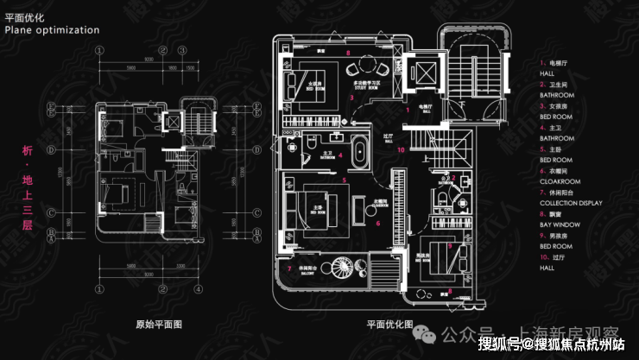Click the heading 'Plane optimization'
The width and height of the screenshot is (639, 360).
point(52,30)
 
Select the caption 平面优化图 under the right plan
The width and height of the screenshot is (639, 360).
point(389,325)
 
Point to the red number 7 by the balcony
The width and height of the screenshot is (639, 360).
point(288,268)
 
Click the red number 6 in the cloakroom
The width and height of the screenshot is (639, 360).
point(378,222)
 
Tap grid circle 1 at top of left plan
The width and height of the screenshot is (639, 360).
point(102,48)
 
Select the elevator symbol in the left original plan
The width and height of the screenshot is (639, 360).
point(174,123)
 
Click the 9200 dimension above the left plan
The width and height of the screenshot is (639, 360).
point(149,57)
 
